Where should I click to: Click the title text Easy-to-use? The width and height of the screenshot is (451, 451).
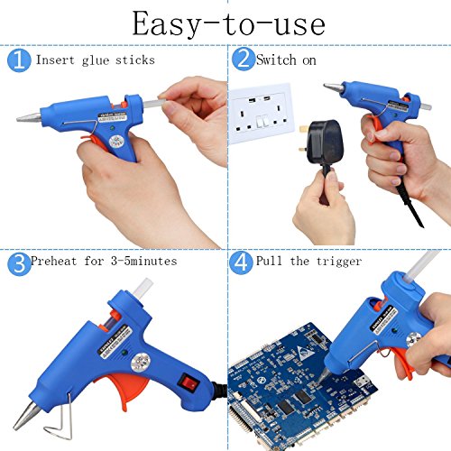(x=228, y=24)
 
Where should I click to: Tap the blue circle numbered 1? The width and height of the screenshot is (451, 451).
(x=19, y=60)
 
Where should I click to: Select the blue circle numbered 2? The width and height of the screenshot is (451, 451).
(x=244, y=59)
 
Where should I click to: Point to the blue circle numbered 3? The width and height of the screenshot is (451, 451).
(x=19, y=263)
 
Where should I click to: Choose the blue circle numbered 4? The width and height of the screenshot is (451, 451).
(x=241, y=262)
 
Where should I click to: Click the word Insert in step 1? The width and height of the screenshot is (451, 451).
(x=55, y=60)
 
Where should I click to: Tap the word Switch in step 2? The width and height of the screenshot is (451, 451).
(x=276, y=60)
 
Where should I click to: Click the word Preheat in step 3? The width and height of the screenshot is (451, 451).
(x=54, y=261)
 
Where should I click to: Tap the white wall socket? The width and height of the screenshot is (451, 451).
(x=261, y=114)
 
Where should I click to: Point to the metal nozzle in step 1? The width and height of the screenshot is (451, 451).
(x=29, y=117)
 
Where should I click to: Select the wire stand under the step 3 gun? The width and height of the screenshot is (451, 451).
(x=61, y=421)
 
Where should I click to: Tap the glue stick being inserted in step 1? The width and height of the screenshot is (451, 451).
(x=154, y=104)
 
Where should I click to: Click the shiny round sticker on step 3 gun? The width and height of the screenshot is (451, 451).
(x=141, y=363)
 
